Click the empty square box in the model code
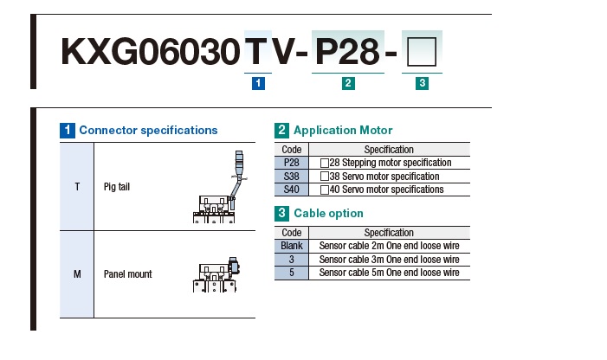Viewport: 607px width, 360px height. [x=422, y=52]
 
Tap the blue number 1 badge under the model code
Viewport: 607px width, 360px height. [x=258, y=83]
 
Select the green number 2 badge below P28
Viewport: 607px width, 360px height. [x=348, y=83]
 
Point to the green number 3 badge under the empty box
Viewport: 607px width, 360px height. [x=422, y=83]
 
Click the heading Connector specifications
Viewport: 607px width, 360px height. [x=148, y=131]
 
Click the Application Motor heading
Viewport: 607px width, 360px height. [x=343, y=131]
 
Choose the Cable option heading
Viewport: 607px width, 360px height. [x=328, y=214]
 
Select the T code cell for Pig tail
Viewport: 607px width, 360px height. [x=77, y=187]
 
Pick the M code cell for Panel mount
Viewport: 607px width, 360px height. [x=77, y=274]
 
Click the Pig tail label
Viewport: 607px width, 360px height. [x=117, y=187]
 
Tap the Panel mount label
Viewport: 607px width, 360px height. [x=128, y=274]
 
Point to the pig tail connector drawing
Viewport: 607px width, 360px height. [x=219, y=187]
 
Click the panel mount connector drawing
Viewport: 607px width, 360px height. [x=216, y=274]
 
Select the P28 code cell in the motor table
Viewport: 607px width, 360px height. [x=292, y=163]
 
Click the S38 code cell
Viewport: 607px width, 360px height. [x=292, y=177]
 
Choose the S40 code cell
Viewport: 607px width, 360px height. [x=292, y=190]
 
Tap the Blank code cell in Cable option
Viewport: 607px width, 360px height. [x=292, y=246]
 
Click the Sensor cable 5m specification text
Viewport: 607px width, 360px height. [x=389, y=273]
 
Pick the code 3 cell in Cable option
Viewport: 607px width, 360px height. [x=292, y=260]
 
